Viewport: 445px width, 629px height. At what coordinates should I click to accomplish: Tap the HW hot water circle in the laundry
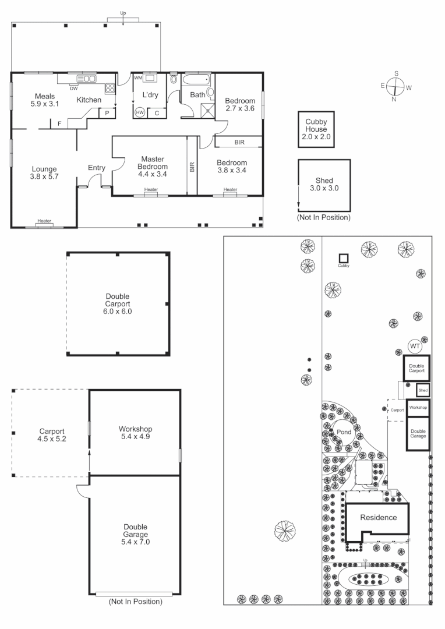[140, 112]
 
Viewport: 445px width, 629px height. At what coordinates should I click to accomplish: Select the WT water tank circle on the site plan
[415, 347]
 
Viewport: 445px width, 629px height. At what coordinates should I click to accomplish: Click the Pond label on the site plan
[344, 432]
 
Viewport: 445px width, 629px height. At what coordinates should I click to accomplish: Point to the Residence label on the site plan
[378, 517]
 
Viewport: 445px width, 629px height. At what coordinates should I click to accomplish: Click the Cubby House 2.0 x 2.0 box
[316, 129]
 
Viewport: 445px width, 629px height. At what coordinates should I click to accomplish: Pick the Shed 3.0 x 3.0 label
[324, 185]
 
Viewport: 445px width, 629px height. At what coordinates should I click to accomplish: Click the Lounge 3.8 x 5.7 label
[44, 173]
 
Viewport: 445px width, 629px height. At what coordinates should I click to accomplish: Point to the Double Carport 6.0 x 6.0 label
[118, 304]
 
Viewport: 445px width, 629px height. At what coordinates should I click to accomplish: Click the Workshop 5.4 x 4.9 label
[135, 433]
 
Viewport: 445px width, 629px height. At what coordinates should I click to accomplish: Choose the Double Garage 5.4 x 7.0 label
[135, 534]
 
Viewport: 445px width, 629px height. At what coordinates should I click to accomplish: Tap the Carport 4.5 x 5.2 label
[52, 436]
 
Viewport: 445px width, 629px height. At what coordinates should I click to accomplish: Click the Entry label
[97, 168]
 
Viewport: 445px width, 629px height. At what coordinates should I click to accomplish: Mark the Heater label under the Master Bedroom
[151, 190]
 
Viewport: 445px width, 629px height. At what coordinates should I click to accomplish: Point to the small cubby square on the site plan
[344, 258]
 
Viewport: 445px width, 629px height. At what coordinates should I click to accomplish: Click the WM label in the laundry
[138, 78]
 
